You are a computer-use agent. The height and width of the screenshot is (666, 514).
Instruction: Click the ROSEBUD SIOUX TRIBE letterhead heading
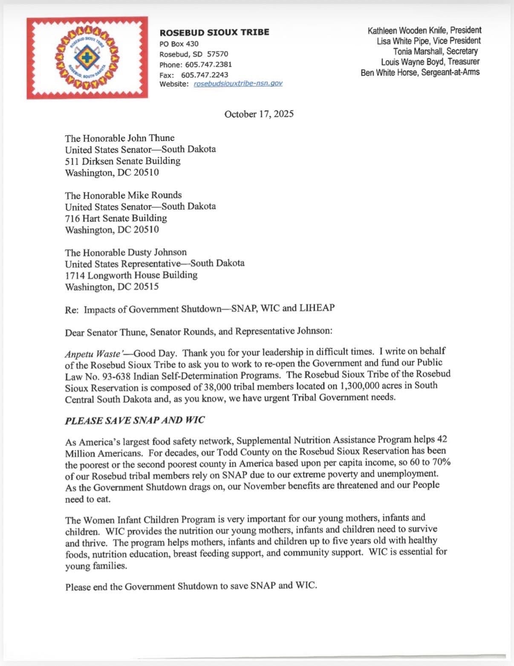pyautogui.click(x=214, y=32)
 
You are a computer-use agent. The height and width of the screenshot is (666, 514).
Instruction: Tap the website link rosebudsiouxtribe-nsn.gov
pyautogui.click(x=238, y=84)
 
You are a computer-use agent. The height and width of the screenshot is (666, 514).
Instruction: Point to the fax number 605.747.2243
pyautogui.click(x=205, y=75)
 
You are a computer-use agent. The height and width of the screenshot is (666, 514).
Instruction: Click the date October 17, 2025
pyautogui.click(x=259, y=114)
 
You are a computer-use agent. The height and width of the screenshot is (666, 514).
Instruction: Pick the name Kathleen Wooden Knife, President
pyautogui.click(x=424, y=31)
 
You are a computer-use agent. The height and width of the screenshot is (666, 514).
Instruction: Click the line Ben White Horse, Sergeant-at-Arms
pyautogui.click(x=420, y=72)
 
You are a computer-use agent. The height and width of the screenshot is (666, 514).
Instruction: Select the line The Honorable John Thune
pyautogui.click(x=119, y=138)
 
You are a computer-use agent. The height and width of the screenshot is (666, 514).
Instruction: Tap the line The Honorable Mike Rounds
pyautogui.click(x=123, y=195)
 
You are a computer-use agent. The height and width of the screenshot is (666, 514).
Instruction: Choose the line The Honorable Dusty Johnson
pyautogui.click(x=126, y=252)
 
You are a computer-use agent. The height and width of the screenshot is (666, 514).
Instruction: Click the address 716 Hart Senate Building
pyautogui.click(x=116, y=218)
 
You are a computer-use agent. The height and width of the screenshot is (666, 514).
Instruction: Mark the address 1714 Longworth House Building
pyautogui.click(x=131, y=275)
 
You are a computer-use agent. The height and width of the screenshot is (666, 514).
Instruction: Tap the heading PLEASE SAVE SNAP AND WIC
pyautogui.click(x=135, y=420)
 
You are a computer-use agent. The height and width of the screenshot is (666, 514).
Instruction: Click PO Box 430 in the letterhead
pyautogui.click(x=179, y=44)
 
